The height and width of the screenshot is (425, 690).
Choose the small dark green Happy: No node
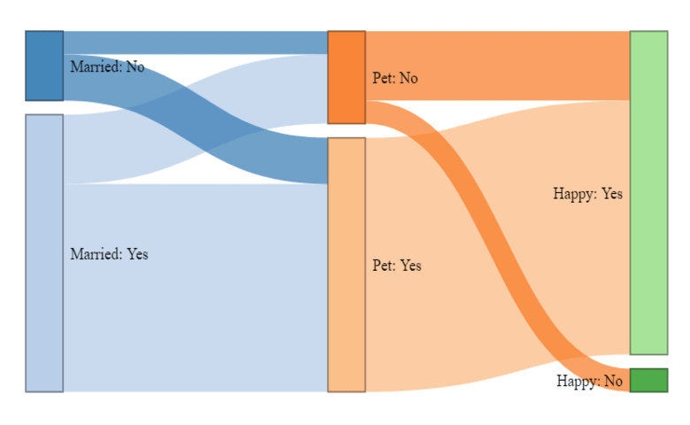[648, 380]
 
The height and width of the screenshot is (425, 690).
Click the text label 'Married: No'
[106, 66]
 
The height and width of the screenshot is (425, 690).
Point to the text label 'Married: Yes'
[109, 254]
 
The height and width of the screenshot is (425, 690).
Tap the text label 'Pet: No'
[395, 78]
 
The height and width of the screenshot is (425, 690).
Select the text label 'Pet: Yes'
[396, 266]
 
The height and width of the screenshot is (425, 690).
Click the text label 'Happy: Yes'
[587, 193]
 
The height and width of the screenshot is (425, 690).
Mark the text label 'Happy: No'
[589, 381]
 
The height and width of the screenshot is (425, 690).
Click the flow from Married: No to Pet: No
[195, 42]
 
